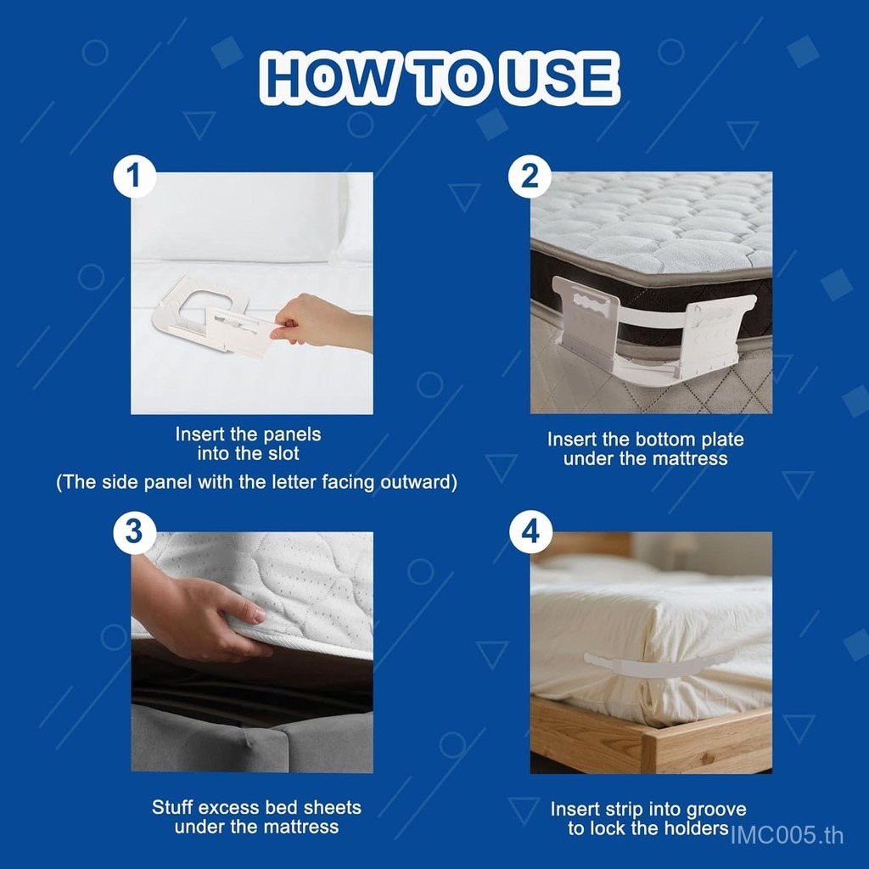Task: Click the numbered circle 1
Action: (x=133, y=177)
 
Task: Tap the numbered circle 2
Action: (x=530, y=177)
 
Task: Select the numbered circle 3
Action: (x=133, y=531)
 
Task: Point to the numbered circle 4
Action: (x=530, y=531)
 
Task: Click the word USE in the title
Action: (x=560, y=77)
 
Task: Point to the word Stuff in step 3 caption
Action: (x=172, y=807)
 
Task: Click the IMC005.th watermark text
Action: (x=787, y=835)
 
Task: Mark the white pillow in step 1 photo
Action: (x=244, y=219)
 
